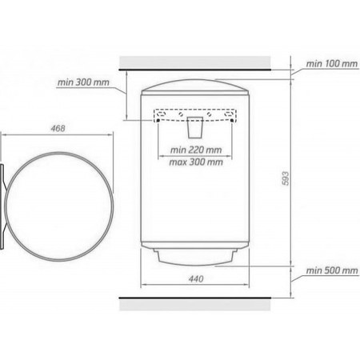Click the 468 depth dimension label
click(x=58, y=128)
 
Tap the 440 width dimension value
click(x=196, y=279)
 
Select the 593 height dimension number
click(x=285, y=178)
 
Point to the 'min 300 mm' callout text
click(x=83, y=82)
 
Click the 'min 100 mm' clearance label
click(x=332, y=64)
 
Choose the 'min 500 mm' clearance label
click(x=332, y=270)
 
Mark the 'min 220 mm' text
click(x=196, y=150)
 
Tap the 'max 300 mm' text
click(x=196, y=162)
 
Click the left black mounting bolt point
click(x=158, y=121)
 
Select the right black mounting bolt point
click(x=232, y=121)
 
